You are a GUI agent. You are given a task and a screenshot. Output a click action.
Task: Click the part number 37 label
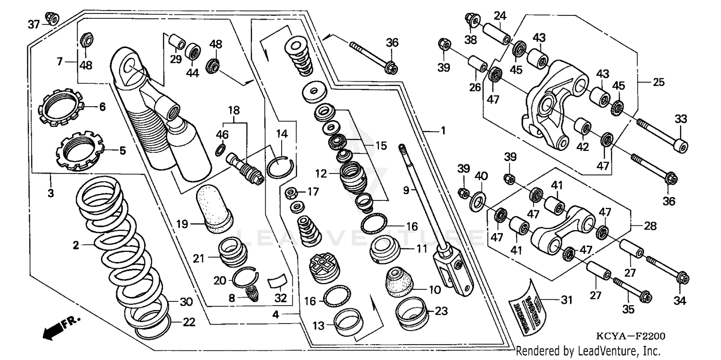coord(34,24)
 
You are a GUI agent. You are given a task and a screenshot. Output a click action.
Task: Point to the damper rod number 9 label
coord(406,190)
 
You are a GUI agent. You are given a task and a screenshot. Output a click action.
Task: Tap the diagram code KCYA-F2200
coord(627,337)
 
